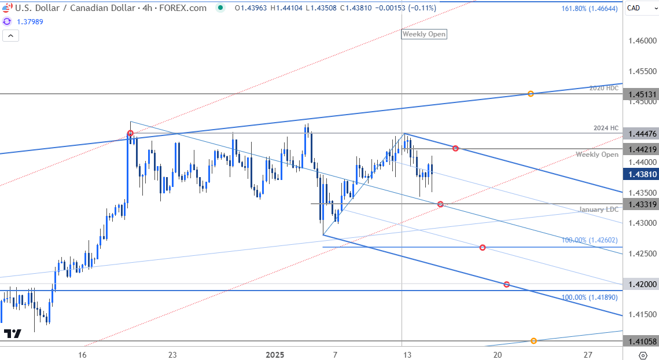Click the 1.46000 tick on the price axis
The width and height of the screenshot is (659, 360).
pos(642,41)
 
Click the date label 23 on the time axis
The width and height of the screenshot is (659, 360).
pos(172,354)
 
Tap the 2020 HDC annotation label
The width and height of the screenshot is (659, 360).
pos(604,89)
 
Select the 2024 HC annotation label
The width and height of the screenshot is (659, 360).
pos(606,128)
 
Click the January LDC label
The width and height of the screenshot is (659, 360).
pos(599,210)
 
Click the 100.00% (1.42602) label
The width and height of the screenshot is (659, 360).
pos(590,240)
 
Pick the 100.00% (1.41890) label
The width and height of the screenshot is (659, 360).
pos(590,297)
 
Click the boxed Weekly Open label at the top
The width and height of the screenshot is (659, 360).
pos(424,34)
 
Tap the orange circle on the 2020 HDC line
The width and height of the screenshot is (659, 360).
pos(531,94)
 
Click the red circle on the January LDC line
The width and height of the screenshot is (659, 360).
pos(441,204)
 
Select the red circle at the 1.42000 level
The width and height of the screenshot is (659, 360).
pos(507,284)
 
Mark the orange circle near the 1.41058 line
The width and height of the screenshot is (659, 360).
pos(533,341)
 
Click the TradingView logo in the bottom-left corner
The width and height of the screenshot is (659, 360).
pos(13,333)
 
